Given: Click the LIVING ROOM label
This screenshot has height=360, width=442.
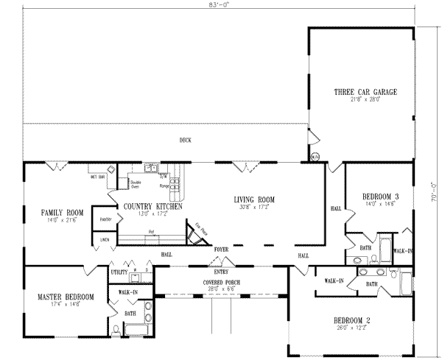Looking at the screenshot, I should coord(254,200).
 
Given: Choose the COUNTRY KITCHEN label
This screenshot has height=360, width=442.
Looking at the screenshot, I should coord(152,207).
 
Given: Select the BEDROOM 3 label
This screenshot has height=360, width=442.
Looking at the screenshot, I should coord(381,197).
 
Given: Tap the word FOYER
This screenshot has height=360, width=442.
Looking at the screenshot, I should coord(222,250).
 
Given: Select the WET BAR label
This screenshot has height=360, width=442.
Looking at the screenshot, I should coord(97,177).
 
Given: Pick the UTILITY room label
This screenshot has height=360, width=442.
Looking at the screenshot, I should coord(119,272).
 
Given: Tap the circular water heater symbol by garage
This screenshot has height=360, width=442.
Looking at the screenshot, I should coord(315,156).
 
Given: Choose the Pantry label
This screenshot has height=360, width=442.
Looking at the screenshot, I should coord(106,219).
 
